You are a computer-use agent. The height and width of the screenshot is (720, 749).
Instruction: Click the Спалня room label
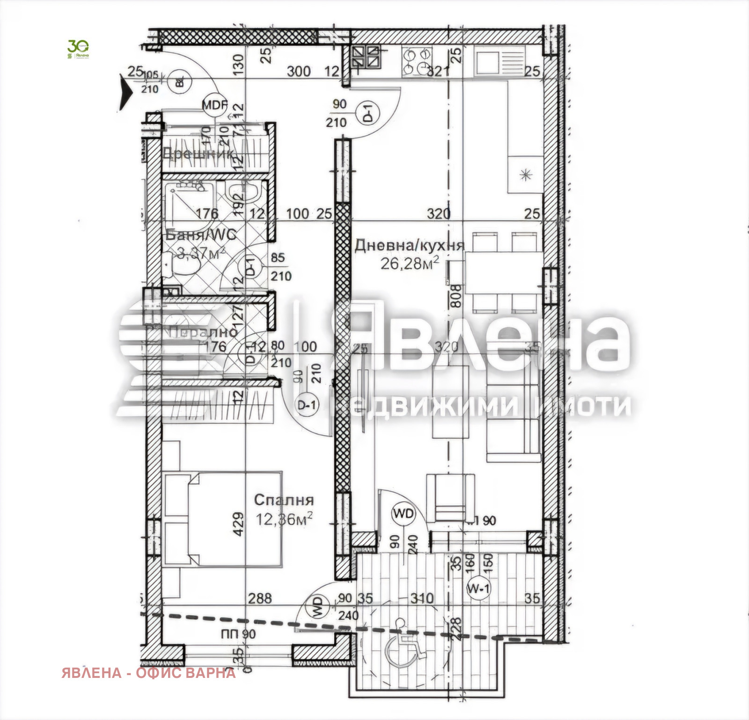pos(284,500)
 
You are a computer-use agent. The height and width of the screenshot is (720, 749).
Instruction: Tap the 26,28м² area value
pos(410,263)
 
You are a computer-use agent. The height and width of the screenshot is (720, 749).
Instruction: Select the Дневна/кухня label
pos(409,246)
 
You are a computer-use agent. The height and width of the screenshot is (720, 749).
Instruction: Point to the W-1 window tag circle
pos(478,589)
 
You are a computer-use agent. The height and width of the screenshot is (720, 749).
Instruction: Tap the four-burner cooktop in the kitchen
pos(417,61)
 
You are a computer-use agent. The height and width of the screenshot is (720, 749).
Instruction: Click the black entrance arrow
pos(126,93)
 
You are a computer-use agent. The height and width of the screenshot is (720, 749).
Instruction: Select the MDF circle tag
pos(214,105)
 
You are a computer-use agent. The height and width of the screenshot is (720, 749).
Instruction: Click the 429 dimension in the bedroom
pos(238,524)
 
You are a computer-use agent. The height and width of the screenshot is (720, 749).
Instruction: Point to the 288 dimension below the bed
pos(260,598)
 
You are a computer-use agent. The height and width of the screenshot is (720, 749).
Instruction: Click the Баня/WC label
pos(201,235)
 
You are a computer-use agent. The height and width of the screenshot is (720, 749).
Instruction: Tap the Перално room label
pos(203,332)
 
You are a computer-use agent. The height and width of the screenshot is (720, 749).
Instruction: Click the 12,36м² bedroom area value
pos(284,519)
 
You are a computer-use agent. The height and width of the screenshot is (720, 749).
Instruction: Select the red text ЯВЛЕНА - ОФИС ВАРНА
pos(148,673)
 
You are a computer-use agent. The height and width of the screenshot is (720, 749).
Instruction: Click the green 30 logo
pos(78,49)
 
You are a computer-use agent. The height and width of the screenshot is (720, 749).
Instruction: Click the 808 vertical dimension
pos(456,296)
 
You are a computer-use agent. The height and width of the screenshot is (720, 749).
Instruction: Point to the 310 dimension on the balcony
pos(422,598)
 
